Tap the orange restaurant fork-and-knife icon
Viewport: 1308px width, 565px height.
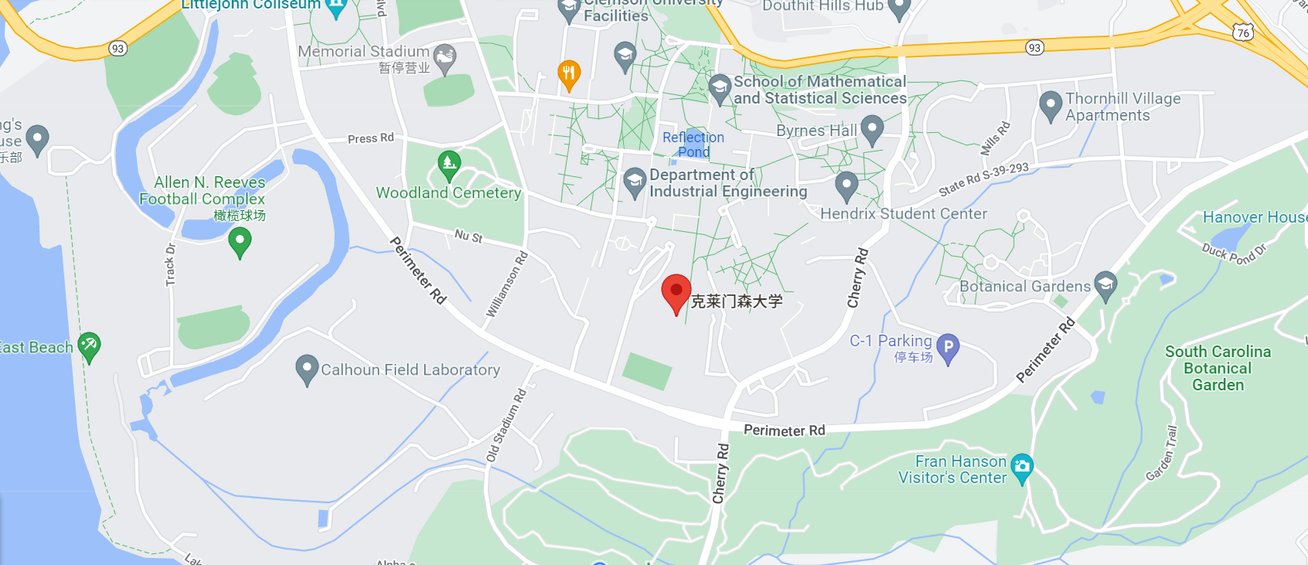pos(569,74)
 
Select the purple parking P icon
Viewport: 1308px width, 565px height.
pos(948,348)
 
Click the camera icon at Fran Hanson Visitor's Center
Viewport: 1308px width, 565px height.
pos(1022,467)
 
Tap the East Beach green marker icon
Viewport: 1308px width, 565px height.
pos(89,345)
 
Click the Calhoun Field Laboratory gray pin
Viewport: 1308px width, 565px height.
pos(307,369)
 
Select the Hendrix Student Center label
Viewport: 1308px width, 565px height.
pos(903,213)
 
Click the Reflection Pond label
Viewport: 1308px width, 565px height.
pos(693,145)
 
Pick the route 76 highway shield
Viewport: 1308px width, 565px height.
pos(1243,32)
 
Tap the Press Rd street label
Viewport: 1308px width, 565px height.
pos(370,138)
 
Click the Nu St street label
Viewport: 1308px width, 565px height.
pos(468,236)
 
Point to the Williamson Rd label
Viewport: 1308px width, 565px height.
pos(507,284)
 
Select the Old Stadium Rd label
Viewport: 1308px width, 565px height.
pos(506,424)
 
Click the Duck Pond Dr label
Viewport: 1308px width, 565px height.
pos(1234,253)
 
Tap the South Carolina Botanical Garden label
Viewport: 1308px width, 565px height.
pos(1218,368)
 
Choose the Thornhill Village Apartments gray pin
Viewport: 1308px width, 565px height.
pos(1050,105)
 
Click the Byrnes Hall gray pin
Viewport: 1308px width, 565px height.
pos(872,129)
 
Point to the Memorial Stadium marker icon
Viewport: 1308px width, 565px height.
pos(445,57)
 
